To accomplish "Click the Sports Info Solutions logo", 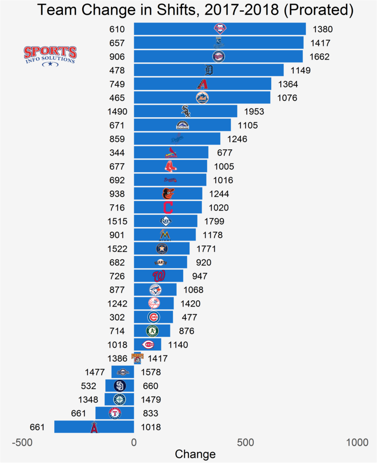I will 50,56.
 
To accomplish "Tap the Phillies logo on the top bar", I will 220,29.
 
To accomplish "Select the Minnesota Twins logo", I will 218,57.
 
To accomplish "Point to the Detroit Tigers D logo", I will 209,71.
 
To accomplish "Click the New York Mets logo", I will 202,98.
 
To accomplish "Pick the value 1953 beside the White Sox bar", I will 254,112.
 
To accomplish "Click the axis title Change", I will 195,454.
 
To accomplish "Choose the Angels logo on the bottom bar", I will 94,427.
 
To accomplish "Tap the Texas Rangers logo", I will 115,413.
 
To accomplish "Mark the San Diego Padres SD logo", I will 120,386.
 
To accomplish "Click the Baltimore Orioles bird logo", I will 168,194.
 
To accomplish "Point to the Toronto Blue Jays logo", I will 155,290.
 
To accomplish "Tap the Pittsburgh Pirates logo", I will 137,358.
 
